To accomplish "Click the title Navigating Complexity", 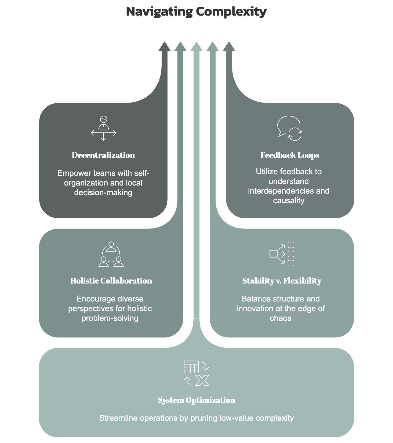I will click(196, 12).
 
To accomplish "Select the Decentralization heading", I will click(103, 155).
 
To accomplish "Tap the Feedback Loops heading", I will click(290, 155).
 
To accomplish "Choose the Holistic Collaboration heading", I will click(111, 281).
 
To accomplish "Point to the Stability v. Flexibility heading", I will click(282, 281).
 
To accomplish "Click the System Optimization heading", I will click(196, 400).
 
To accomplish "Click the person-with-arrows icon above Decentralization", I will click(103, 128).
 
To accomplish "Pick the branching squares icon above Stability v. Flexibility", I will click(282, 254).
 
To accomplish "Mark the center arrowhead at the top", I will click(196, 46).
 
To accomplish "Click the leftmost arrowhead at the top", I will click(164, 46).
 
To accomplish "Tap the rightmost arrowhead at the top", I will click(229, 46).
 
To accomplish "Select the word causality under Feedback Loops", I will click(289, 201).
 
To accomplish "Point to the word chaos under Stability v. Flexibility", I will click(281, 318).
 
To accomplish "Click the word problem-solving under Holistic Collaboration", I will click(110, 318).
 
